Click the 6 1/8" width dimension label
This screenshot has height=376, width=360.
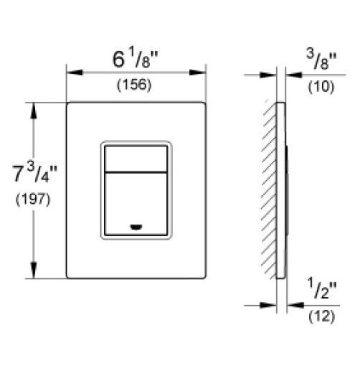click(136, 58)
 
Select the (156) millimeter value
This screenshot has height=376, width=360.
click(134, 85)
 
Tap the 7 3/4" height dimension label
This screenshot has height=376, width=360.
click(34, 172)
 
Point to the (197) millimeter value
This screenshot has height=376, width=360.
click(33, 199)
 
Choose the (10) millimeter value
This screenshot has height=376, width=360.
click(321, 87)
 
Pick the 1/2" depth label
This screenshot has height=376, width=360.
click(322, 288)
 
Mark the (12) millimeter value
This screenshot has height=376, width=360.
click(321, 316)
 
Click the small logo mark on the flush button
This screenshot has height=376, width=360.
click(136, 227)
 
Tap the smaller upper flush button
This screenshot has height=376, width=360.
click(136, 159)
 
